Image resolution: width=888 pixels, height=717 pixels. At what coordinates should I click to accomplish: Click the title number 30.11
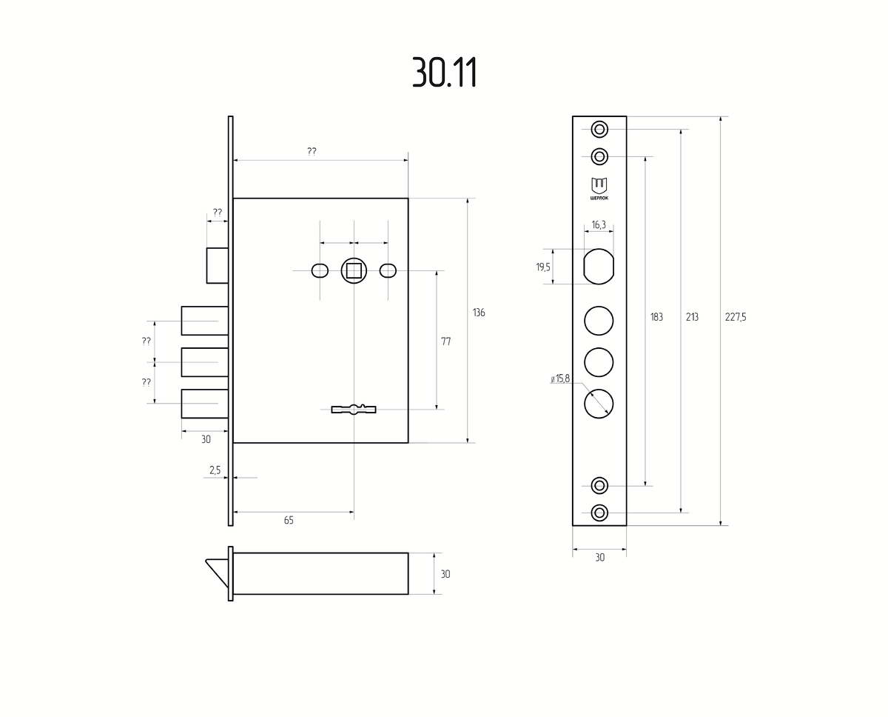tap(445, 72)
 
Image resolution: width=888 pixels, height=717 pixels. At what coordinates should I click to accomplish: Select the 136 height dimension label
tap(479, 313)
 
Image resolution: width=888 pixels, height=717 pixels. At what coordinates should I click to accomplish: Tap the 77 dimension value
tap(446, 341)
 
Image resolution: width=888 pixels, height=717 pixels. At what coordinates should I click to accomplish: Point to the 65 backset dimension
tap(289, 521)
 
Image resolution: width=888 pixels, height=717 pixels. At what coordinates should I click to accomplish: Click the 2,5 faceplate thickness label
tap(215, 470)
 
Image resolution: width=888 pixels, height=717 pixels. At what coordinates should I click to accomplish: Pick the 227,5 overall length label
tap(736, 317)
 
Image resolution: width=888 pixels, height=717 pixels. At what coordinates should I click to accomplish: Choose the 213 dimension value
tap(692, 317)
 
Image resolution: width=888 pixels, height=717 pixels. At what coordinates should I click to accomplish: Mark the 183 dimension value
tap(656, 317)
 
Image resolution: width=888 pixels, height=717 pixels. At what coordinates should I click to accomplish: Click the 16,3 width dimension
tap(599, 224)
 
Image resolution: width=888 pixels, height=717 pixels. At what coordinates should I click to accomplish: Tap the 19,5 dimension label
tap(543, 267)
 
